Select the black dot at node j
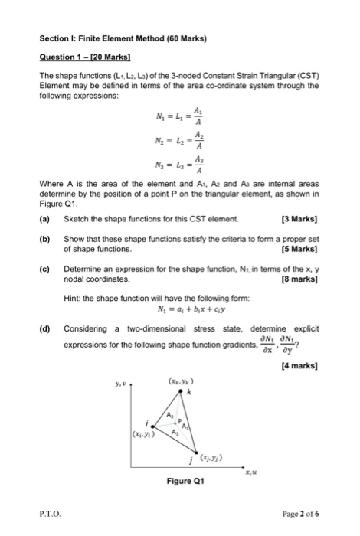pyautogui.click(x=197, y=453)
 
